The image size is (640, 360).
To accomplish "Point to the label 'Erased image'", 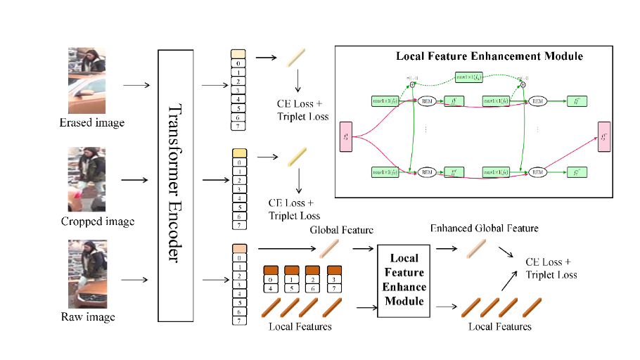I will [91, 123].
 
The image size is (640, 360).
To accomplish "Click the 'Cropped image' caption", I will [98, 222].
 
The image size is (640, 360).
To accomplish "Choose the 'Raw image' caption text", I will [88, 317].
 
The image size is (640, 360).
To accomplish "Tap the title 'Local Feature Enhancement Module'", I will [489, 56].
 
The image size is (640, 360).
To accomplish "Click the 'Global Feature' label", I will [341, 231].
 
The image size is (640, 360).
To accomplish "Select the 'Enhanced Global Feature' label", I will [485, 229].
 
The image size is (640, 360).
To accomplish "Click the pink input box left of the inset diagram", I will [346, 136].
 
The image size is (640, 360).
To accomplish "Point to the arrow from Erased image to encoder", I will [136, 86].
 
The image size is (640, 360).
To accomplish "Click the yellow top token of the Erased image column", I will [238, 53].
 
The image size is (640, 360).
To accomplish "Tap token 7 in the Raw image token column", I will [238, 321].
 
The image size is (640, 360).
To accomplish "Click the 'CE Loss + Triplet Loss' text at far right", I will [552, 269].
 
